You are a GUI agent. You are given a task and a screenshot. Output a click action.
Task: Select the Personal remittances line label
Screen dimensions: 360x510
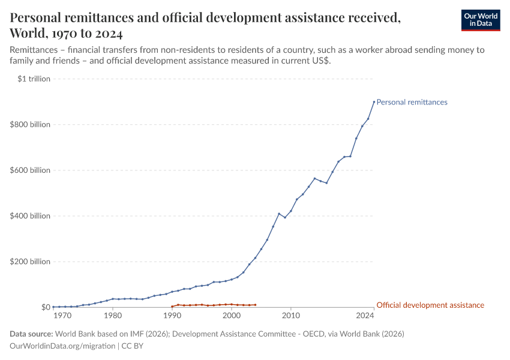[412, 102]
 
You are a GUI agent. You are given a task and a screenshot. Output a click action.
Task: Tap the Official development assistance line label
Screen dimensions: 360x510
[430, 305]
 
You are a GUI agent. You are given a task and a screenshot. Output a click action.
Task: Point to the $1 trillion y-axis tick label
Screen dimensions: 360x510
[35, 79]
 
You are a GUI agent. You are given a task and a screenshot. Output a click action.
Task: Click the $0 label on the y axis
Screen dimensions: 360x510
[46, 307]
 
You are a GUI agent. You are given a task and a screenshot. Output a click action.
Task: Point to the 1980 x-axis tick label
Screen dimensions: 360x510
[113, 316]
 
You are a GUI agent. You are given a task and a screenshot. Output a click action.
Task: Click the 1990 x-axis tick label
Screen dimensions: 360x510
[172, 316]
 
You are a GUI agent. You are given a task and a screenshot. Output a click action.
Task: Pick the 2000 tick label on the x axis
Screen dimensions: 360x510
[232, 316]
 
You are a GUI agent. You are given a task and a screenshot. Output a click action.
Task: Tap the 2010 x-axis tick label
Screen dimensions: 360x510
[291, 316]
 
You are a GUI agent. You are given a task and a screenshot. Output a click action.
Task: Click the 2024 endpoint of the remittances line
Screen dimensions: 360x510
[374, 102]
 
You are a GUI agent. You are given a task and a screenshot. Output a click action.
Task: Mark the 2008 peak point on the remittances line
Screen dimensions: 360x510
[279, 214]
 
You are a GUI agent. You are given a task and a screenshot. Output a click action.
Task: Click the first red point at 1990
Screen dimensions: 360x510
[172, 307]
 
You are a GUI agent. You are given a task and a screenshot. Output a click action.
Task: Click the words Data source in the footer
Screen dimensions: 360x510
[31, 334]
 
